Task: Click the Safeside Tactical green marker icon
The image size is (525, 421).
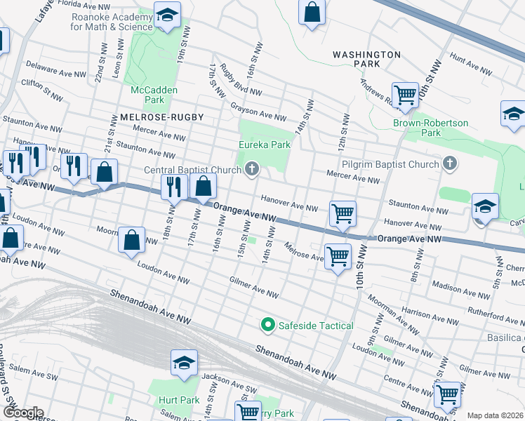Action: click(x=267, y=325)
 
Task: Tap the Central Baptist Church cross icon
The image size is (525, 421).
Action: click(x=252, y=168)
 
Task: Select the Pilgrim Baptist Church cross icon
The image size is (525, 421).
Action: click(x=450, y=163)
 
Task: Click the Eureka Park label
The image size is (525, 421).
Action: click(x=263, y=145)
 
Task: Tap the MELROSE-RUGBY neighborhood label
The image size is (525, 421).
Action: click(x=152, y=117)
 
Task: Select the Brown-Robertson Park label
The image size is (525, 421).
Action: click(x=430, y=128)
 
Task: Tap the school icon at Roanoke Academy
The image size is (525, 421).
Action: click(x=167, y=15)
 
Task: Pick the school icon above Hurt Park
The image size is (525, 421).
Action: click(x=184, y=363)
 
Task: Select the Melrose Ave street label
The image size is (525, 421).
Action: click(x=304, y=251)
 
